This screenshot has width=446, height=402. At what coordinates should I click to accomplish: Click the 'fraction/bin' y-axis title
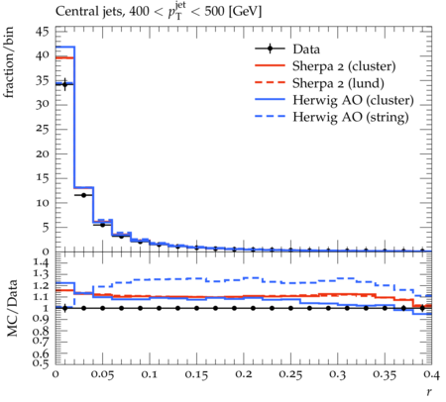coord(9,62)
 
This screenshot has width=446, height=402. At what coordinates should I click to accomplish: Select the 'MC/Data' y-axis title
coord(12,308)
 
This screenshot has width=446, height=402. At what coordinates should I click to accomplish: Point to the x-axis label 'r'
coord(429,391)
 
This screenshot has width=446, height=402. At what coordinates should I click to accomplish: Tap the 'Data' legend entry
coord(306,50)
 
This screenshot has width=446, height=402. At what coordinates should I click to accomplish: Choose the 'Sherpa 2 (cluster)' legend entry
coord(344,66)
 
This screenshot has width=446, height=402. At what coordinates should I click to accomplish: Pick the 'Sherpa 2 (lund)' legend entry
coord(338,83)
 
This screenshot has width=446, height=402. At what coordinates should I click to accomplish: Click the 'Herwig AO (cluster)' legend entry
coord(353,100)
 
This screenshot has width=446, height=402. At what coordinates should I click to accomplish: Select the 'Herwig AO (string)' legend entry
coord(351,117)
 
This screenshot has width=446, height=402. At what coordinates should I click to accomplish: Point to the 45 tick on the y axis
coord(42,32)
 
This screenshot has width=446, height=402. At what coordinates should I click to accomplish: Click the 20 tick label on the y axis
coord(42,153)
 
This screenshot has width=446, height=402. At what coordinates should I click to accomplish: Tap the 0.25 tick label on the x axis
coord(290,374)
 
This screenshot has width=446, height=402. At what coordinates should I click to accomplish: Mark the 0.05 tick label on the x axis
coord(102,374)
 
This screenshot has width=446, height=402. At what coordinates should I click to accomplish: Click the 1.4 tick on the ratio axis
coord(41,263)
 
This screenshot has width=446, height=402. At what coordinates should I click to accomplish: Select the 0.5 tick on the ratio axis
coord(41,363)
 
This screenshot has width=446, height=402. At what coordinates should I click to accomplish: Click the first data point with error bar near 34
coord(64,84)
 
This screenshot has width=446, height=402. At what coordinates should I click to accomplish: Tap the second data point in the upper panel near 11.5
coord(83,195)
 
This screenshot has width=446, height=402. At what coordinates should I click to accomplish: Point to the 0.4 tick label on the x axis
coord(431,374)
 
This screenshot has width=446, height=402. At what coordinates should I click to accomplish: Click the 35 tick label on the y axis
coord(42,80)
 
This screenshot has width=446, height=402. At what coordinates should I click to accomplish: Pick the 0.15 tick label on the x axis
coord(196,374)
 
